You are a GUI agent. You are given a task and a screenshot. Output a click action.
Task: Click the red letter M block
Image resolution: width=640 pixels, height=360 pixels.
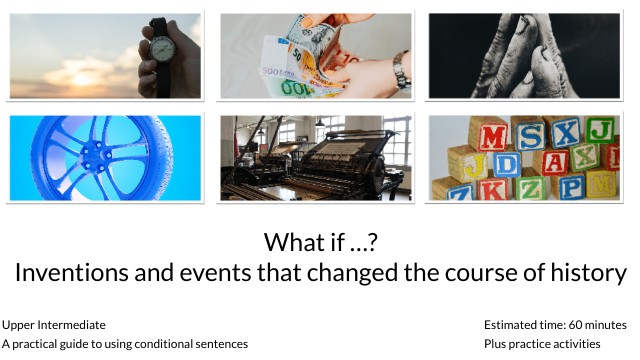(494, 133)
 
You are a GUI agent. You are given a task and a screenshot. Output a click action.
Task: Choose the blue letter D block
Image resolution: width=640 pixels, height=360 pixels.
(506, 162)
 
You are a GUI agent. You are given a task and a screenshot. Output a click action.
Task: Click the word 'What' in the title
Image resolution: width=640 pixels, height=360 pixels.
(291, 242)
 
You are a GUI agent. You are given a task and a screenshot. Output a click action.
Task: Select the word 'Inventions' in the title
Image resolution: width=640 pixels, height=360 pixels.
(81, 272)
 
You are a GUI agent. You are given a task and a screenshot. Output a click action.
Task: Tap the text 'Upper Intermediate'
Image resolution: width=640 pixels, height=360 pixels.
(54, 325)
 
